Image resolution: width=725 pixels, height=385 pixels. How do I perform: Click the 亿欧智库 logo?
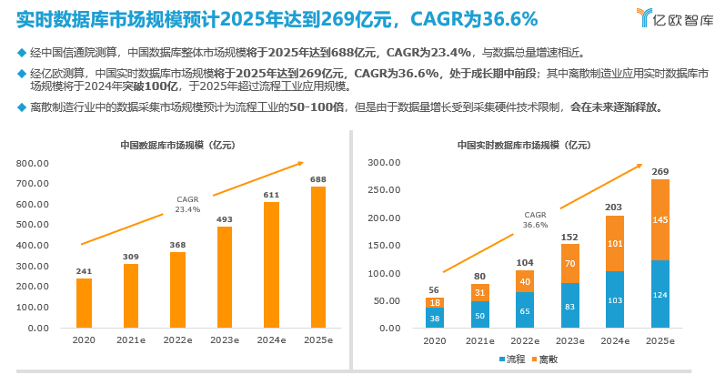tap(675, 17)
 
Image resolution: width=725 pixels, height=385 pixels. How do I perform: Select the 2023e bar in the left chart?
tap(224, 277)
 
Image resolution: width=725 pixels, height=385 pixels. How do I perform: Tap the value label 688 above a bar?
tap(317, 179)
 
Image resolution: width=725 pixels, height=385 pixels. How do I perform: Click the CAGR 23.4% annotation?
tap(187, 204)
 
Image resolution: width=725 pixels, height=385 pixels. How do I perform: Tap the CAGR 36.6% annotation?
tap(535, 219)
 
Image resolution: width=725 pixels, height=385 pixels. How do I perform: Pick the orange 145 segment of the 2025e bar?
tap(660, 219)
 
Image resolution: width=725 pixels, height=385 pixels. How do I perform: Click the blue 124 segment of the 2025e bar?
tap(660, 294)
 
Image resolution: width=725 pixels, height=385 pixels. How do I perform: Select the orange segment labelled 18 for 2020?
tap(435, 302)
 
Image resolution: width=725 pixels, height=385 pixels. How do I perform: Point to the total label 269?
tap(660, 172)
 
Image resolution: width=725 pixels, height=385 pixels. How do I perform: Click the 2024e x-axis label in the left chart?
tap(271, 339)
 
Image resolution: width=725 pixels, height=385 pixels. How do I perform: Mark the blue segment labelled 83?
tap(569, 306)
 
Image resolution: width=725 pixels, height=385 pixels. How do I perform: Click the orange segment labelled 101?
tap(615, 243)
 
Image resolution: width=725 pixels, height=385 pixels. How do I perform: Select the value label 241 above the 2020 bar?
tap(84, 270)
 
